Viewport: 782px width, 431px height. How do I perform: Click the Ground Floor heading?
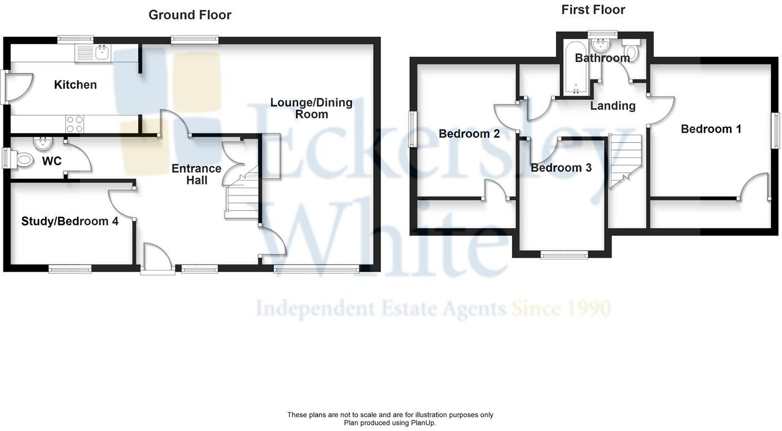point(189,15)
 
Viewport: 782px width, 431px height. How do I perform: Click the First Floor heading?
point(593,9)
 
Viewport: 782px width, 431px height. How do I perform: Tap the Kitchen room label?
point(75,85)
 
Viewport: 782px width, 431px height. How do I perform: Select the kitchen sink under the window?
point(102,53)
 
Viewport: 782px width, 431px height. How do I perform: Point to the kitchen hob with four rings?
point(75,124)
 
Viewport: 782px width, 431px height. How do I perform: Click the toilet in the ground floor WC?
point(24,161)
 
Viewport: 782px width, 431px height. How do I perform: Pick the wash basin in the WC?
point(42,144)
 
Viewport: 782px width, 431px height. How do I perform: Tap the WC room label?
point(52,161)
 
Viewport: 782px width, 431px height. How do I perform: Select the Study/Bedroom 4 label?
point(69,221)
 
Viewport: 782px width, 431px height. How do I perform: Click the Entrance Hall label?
point(196,174)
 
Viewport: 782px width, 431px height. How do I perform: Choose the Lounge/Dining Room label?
point(311,108)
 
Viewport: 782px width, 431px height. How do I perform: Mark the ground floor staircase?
point(243,194)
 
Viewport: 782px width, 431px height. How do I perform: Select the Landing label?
point(613,106)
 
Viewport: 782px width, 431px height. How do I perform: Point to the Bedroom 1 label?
point(711,129)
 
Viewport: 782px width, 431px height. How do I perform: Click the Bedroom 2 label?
point(469,134)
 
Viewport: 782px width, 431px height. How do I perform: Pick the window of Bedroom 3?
point(564,255)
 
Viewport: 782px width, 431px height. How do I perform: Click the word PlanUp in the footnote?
point(422,423)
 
